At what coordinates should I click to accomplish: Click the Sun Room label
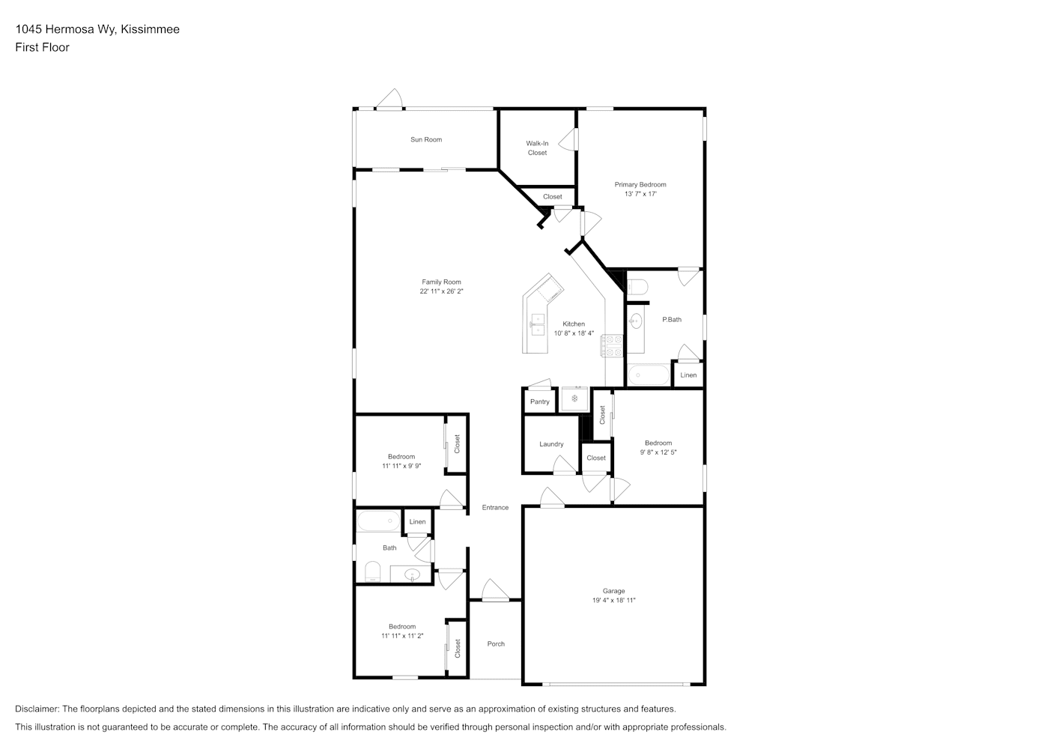(426, 139)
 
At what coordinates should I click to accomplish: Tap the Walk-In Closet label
(537, 148)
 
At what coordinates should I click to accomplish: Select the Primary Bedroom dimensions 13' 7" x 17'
(640, 194)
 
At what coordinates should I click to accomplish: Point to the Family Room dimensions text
(441, 291)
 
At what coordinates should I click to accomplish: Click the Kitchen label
(574, 324)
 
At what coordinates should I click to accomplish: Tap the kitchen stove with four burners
(611, 346)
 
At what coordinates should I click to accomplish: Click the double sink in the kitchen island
(538, 324)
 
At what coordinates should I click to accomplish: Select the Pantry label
(539, 402)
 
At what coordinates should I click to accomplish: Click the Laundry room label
(551, 444)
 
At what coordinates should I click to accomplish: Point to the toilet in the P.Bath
(637, 287)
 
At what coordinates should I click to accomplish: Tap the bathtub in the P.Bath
(648, 375)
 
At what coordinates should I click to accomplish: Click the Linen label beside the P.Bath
(688, 375)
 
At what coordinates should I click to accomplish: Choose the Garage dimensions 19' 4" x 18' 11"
(613, 600)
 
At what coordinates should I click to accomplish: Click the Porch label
(496, 643)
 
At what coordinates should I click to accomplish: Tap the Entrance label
(495, 507)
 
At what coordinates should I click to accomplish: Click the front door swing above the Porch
(495, 590)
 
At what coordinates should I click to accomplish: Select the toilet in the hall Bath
(372, 571)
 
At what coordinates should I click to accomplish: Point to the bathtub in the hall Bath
(378, 521)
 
